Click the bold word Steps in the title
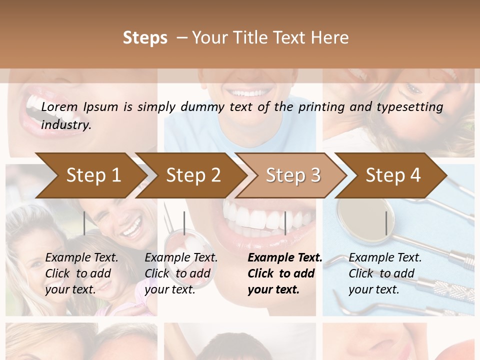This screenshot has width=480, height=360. pos(145,38)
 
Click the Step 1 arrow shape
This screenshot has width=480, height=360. pos(90,175)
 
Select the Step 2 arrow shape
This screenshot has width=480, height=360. pos(192,175)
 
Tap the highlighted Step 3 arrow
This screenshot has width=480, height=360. pos(292,175)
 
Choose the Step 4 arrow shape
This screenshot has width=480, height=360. pos(392,175)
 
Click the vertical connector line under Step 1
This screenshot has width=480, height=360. pos(84,223)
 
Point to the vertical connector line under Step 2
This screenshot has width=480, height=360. pos(184,223)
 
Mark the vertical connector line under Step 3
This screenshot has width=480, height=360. pos(285,223)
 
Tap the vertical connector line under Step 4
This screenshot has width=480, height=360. pos(386,223)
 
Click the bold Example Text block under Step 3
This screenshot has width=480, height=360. pos(284,273)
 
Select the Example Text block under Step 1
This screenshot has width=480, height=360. pos(81,273)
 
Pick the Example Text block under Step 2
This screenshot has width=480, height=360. pos(181,273)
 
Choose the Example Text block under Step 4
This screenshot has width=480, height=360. pos(385,273)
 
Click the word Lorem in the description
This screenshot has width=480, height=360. pos(59,106)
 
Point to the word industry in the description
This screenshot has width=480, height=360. pos(65,124)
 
